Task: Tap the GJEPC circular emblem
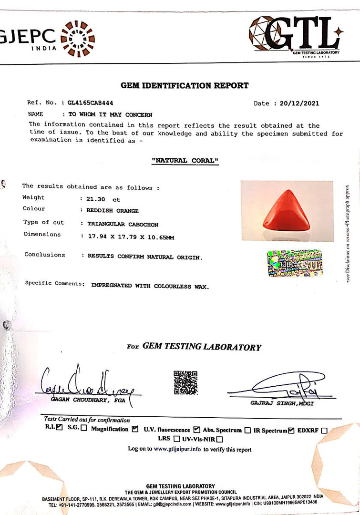point(78,39)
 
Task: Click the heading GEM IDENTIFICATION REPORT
point(185,86)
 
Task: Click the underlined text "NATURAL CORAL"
point(185,161)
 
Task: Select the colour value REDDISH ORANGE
point(113,210)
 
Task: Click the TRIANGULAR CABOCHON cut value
point(123,224)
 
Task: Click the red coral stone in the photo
point(286,211)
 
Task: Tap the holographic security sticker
point(294,264)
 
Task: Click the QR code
point(185,382)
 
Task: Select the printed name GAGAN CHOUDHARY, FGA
point(88,401)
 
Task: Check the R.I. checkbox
point(59,428)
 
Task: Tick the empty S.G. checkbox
point(84,428)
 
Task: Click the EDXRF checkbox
point(324,431)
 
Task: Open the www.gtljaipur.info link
point(177,449)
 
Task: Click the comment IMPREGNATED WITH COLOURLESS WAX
point(150,286)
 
